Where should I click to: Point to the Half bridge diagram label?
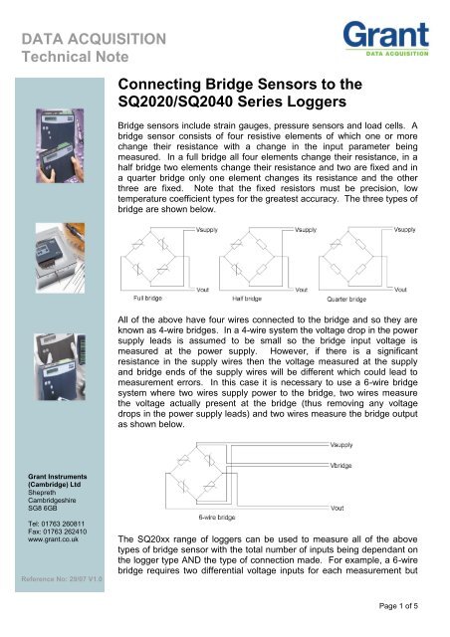[x=251, y=295]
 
